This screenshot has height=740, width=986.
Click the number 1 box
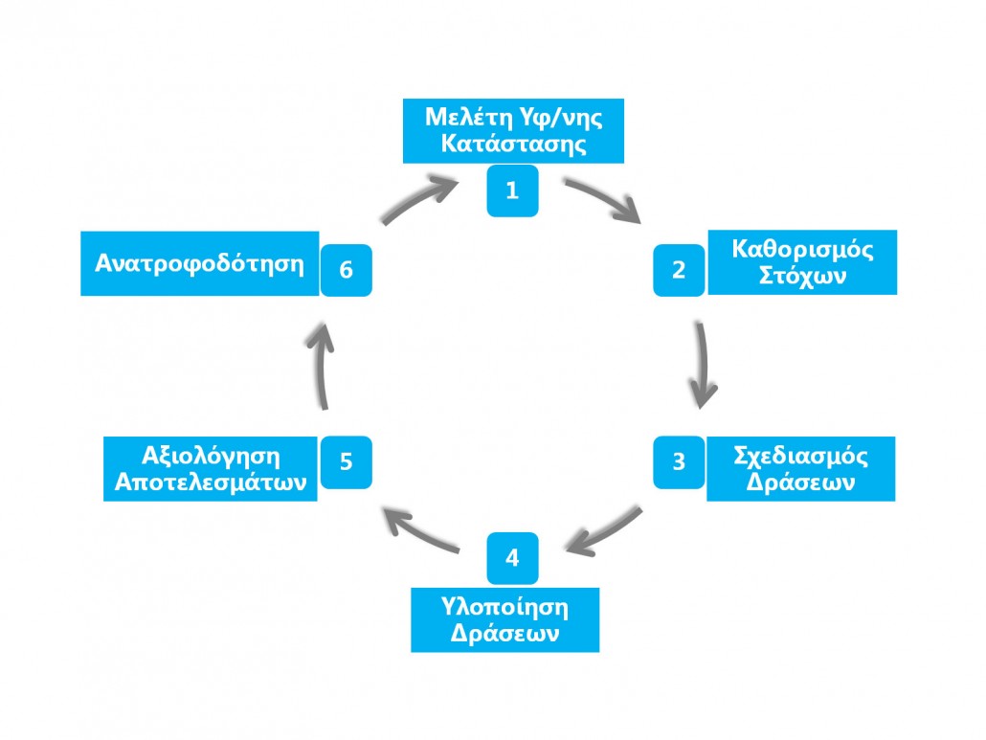512,191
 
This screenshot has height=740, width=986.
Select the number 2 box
679,270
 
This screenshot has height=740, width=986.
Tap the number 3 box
679,461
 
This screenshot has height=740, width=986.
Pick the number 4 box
512,558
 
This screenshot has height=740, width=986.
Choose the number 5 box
346,461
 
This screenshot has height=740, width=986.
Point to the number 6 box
346,271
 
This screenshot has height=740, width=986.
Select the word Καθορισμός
802,250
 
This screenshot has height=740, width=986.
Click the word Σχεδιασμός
800,456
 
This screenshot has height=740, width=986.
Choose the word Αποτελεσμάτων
211,482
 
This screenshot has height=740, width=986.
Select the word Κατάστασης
512,146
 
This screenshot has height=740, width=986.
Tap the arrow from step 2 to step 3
704,364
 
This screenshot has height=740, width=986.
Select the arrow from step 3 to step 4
604,532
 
